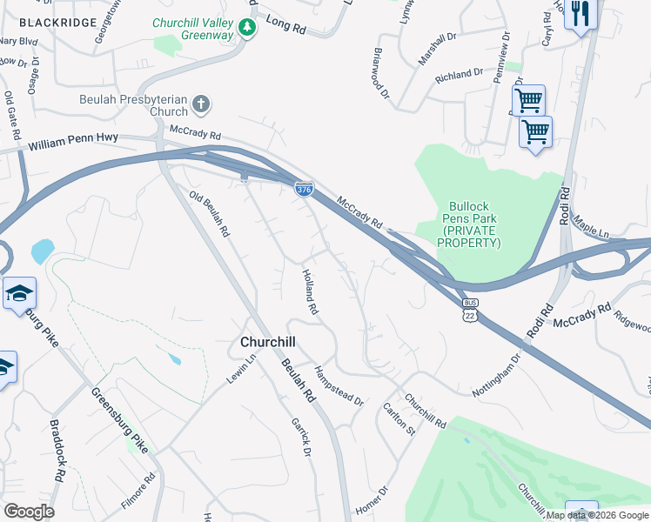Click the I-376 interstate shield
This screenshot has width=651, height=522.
pyautogui.click(x=303, y=189)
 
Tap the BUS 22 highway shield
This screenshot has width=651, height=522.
pyautogui.click(x=471, y=309)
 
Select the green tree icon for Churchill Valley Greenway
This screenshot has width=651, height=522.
pyautogui.click(x=249, y=29)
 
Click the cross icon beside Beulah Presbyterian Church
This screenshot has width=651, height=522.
pyautogui.click(x=201, y=105)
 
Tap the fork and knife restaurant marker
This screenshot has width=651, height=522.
pyautogui.click(x=581, y=15)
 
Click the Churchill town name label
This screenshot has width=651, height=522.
pyautogui.click(x=271, y=344)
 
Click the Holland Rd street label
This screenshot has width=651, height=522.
pyautogui.click(x=309, y=291)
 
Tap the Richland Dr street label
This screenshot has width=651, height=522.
pyautogui.click(x=458, y=76)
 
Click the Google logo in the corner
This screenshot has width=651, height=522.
pyautogui.click(x=28, y=512)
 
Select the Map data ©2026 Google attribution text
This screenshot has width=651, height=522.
pyautogui.click(x=596, y=515)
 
